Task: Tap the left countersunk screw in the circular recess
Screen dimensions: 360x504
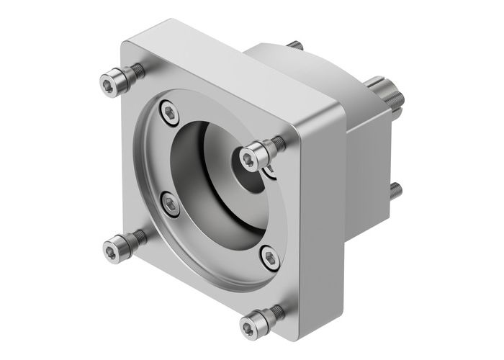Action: point(171,206)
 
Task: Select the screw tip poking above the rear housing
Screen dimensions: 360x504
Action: point(294,45)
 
